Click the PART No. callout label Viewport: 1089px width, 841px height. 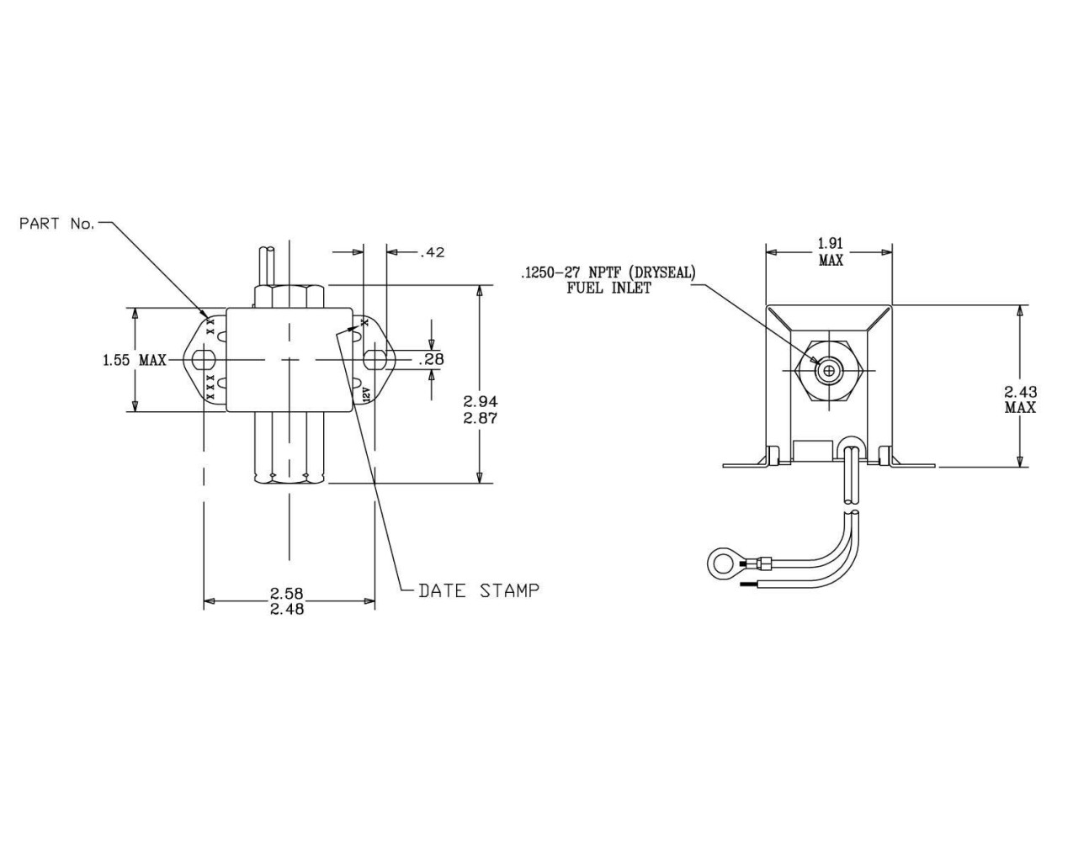[56, 224]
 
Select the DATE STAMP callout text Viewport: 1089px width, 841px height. [479, 590]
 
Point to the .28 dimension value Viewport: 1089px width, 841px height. [431, 359]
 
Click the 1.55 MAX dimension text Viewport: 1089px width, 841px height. [135, 360]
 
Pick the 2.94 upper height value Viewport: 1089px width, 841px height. [481, 401]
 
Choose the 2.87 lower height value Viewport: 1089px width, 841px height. [481, 418]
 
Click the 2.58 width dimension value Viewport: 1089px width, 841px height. [287, 593]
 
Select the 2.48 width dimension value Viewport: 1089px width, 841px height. [287, 609]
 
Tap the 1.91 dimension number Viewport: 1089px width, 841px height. [831, 243]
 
